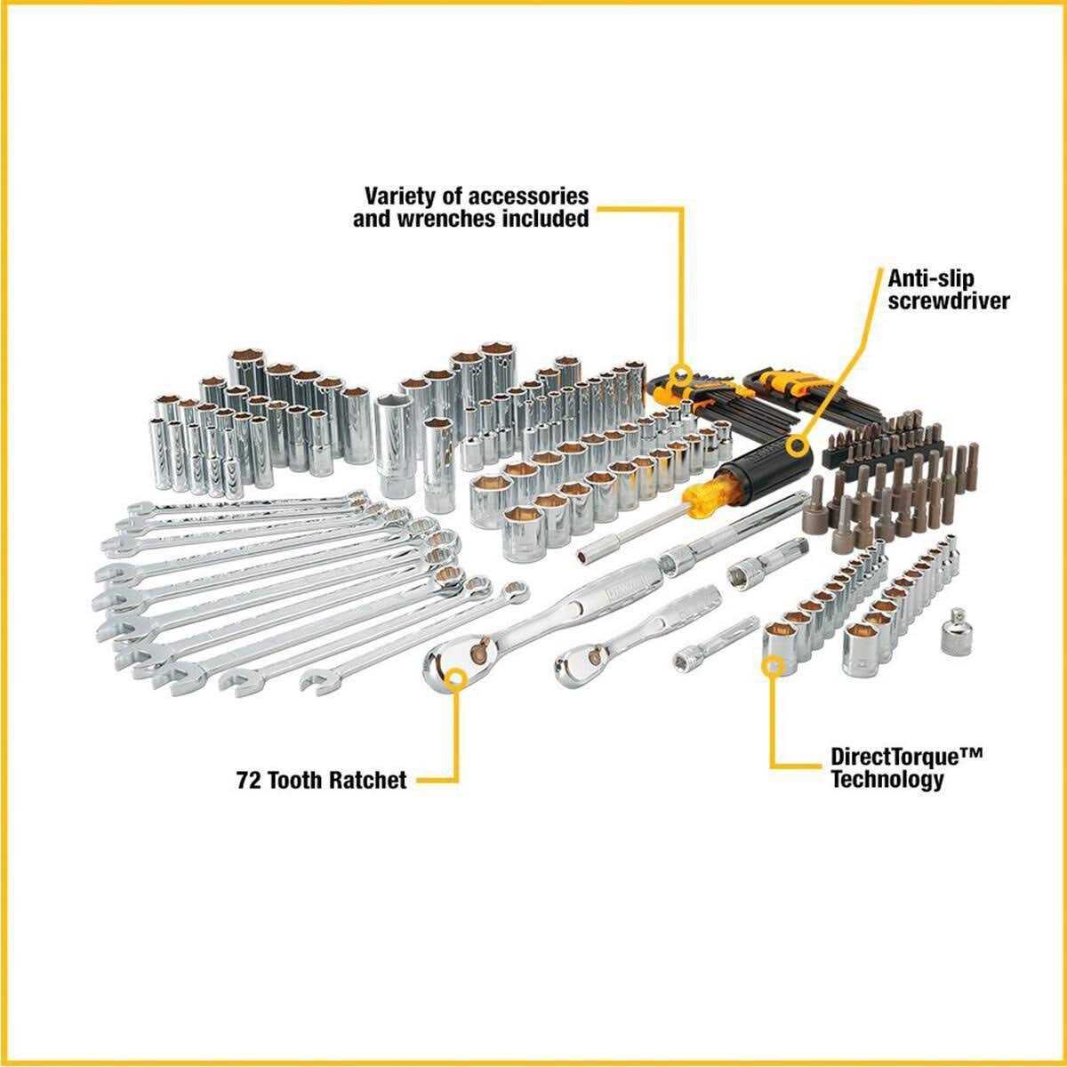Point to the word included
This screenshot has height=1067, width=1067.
tap(551, 219)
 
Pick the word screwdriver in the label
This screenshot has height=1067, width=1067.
tap(949, 301)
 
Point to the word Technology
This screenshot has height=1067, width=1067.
tap(886, 781)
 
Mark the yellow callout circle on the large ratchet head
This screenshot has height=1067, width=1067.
tap(457, 681)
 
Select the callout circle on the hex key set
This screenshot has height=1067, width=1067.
tap(682, 373)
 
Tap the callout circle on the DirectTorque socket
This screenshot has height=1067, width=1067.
tap(774, 663)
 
